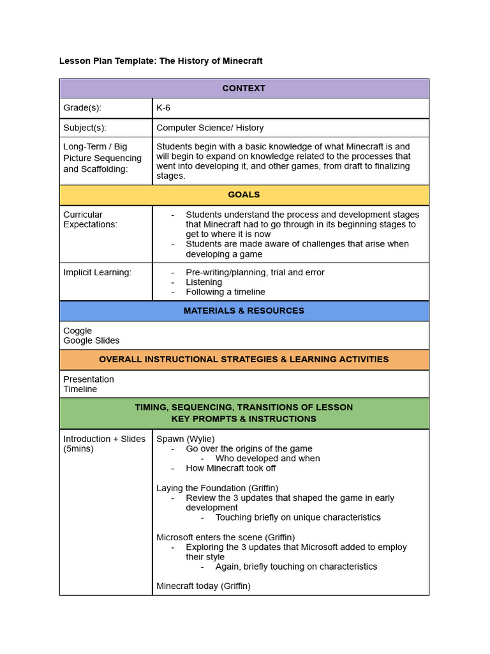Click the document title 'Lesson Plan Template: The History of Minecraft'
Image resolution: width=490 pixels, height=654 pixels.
pos(161,61)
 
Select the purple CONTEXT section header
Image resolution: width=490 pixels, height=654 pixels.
pos(244,88)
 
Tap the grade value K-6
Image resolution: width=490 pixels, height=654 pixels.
pos(163,108)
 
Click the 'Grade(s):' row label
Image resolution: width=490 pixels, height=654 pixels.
pos(82,108)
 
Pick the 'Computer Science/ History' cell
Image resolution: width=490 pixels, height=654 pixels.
pos(210,128)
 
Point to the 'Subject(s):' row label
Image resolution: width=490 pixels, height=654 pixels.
pos(85,128)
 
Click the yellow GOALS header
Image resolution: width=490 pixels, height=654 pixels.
pos(244,195)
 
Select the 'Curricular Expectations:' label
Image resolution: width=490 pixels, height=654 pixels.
pos(90,220)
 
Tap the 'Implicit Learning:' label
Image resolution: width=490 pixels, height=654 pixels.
pos(97,272)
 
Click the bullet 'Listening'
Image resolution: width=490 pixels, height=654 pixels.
pos(204,282)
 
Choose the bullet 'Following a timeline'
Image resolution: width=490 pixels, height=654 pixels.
pos(225,292)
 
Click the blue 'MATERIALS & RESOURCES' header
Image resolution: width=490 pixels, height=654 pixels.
pos(244,311)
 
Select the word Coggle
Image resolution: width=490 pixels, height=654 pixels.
pos(78,331)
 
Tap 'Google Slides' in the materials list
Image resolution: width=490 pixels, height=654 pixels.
pos(91,340)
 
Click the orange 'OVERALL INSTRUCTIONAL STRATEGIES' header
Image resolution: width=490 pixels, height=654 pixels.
pos(244,360)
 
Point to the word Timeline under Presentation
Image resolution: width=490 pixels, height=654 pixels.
pos(80,389)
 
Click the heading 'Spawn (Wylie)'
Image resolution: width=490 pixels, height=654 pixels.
pos(186,439)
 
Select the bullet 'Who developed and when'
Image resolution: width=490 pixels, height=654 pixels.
pos(267,459)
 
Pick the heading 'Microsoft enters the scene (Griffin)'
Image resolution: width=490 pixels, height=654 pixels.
pos(225,537)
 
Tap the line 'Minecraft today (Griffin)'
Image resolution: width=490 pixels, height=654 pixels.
pos(204,586)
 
